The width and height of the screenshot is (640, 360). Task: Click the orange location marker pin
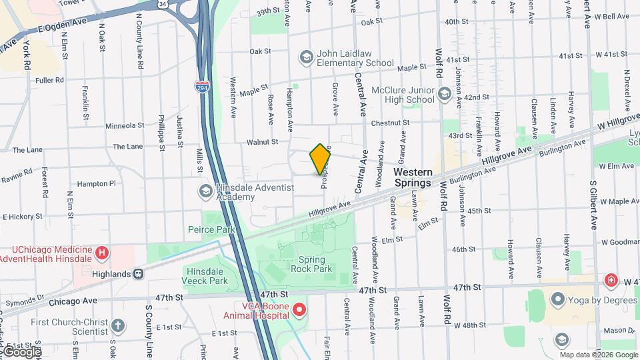(x=321, y=159)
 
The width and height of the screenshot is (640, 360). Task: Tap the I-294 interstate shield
(x=201, y=86)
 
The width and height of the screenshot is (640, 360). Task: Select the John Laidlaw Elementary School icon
(x=306, y=57)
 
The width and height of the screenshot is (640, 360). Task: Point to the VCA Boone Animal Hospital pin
(x=299, y=310)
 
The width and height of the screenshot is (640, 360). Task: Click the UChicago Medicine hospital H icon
(x=101, y=253)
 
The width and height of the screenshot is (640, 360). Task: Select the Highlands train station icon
(x=139, y=274)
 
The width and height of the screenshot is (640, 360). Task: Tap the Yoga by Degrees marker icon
(x=557, y=301)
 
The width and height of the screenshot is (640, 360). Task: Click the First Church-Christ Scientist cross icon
(x=117, y=326)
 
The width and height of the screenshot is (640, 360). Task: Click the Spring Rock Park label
(x=311, y=264)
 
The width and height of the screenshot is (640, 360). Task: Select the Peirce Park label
(x=217, y=229)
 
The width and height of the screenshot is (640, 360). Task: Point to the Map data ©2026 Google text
(x=598, y=355)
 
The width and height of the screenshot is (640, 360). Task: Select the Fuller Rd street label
(x=49, y=80)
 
